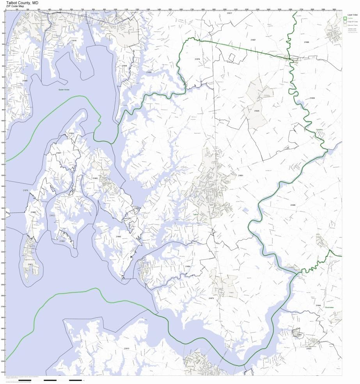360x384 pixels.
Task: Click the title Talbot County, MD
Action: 22,2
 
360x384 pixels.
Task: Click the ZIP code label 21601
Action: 241,175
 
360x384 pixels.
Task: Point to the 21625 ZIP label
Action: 256,111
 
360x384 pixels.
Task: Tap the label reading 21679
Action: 197,59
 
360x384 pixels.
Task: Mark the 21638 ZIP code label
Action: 124,66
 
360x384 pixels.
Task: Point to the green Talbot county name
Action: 196,214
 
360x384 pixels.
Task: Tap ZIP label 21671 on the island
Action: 30,264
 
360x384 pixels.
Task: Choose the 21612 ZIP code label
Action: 52,215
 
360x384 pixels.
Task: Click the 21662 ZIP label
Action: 119,237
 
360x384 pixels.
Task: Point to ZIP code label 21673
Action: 211,298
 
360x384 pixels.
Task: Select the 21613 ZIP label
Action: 126,348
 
